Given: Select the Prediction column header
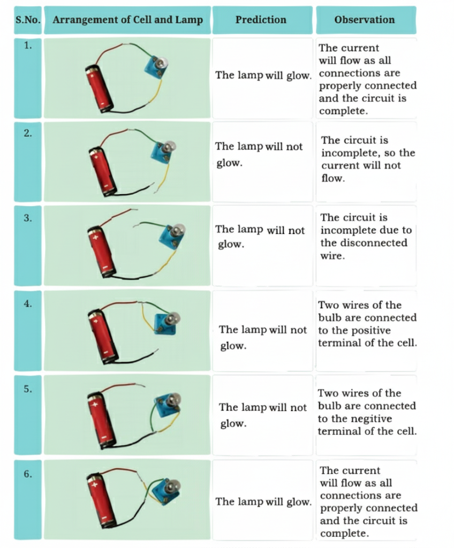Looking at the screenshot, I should (261, 20).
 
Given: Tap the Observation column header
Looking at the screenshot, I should (364, 20).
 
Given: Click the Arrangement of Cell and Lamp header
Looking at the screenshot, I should (127, 20).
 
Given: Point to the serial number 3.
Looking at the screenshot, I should (28, 218).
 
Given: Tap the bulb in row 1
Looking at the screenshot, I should (162, 63).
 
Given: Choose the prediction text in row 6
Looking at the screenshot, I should (263, 501).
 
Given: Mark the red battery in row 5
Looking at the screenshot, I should (101, 420).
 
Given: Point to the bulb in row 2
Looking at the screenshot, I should (169, 145).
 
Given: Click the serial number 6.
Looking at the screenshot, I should (28, 474).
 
